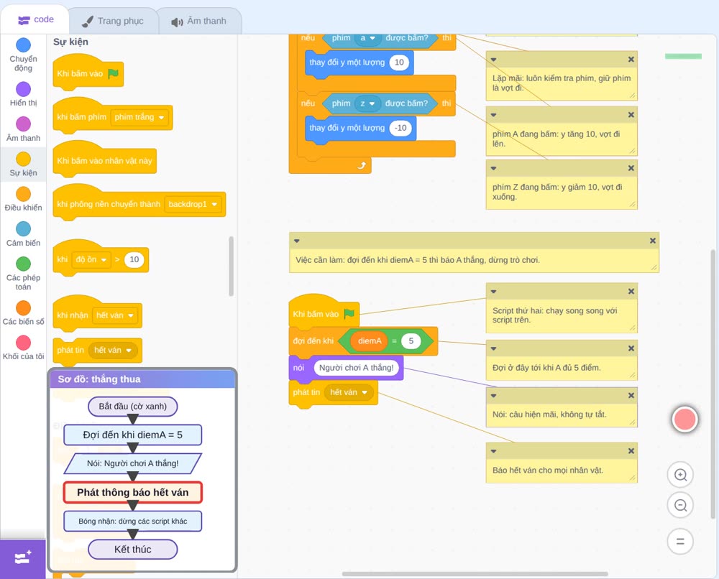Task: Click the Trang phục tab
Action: pyautogui.click(x=114, y=21)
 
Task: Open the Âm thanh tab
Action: pyautogui.click(x=199, y=21)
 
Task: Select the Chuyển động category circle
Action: pyautogui.click(x=24, y=45)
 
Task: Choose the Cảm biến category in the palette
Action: pyautogui.click(x=24, y=228)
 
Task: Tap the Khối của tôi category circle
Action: pyautogui.click(x=24, y=343)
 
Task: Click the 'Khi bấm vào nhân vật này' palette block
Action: pyautogui.click(x=104, y=159)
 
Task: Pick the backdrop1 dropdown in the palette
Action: pyautogui.click(x=193, y=204)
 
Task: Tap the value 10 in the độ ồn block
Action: pyautogui.click(x=134, y=260)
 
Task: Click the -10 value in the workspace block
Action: pyautogui.click(x=400, y=128)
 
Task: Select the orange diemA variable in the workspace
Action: pyautogui.click(x=370, y=341)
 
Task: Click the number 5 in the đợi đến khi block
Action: pyautogui.click(x=411, y=341)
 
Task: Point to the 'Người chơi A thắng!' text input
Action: pyautogui.click(x=357, y=367)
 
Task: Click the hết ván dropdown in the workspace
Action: pyautogui.click(x=349, y=392)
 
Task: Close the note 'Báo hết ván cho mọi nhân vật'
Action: pyautogui.click(x=631, y=451)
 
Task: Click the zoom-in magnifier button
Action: pyautogui.click(x=680, y=475)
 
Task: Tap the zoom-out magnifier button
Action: pyautogui.click(x=680, y=505)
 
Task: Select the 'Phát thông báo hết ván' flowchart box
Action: pyautogui.click(x=132, y=492)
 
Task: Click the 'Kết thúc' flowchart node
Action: pyautogui.click(x=132, y=550)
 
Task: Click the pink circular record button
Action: pyautogui.click(x=684, y=419)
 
